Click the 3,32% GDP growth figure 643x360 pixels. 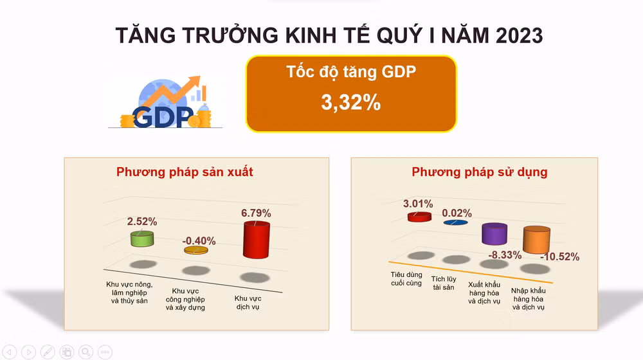[350, 103]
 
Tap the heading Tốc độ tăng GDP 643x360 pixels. [350, 72]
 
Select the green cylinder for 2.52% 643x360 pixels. [142, 239]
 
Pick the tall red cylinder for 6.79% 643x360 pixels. [256, 240]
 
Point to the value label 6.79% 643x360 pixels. [256, 213]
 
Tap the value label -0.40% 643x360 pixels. [199, 241]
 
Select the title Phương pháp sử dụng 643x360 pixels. [480, 172]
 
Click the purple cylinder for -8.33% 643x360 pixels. [495, 234]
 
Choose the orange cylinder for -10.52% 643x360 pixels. [536, 239]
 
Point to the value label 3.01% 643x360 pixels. [418, 204]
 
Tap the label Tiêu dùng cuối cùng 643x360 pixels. [406, 278]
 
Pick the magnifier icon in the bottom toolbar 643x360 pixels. [86, 351]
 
